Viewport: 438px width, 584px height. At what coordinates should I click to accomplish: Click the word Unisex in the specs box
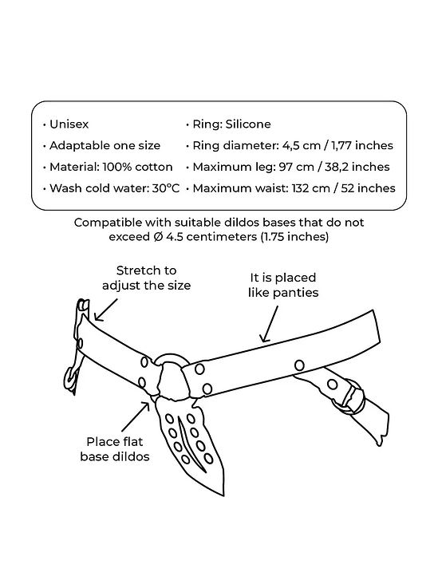coord(69,124)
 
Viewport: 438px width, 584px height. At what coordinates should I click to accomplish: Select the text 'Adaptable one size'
coord(105,145)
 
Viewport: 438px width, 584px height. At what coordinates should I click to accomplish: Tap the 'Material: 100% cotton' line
coord(111,167)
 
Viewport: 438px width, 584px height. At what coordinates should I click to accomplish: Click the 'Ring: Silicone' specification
coord(231,124)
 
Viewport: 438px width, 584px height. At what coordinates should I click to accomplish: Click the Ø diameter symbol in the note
coord(158,236)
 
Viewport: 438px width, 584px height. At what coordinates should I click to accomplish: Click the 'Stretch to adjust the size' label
coord(146,278)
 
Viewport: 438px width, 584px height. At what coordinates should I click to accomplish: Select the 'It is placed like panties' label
coord(283,285)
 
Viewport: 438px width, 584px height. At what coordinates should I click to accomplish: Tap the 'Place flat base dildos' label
coord(115,449)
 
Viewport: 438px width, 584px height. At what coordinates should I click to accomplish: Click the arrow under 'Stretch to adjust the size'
coord(105,310)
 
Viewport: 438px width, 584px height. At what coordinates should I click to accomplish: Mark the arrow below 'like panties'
coord(270,324)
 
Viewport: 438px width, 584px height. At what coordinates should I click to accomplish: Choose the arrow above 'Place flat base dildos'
coord(136,416)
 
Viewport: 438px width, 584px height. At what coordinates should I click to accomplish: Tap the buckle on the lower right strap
coord(353,396)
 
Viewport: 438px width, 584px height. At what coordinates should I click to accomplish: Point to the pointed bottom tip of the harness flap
coord(224,495)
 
